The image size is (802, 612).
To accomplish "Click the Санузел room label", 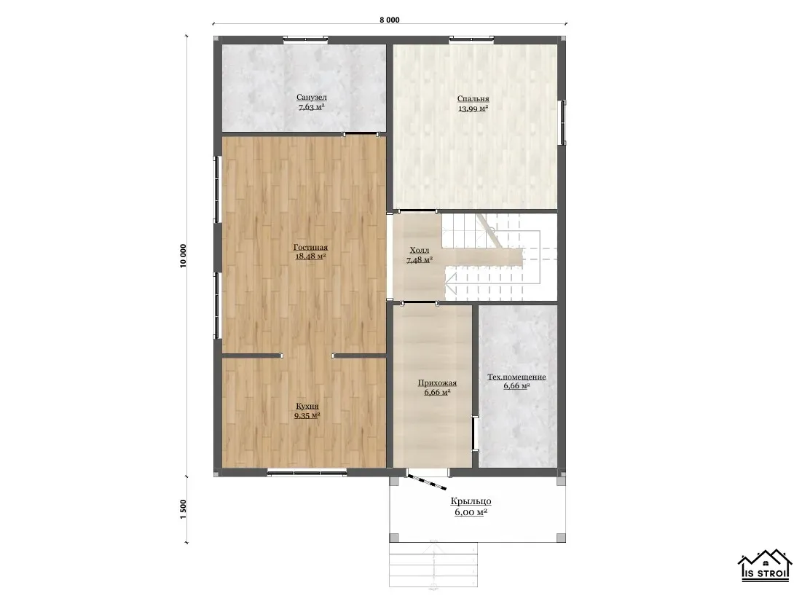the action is (x=312, y=97).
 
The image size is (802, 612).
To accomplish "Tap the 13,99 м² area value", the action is (x=473, y=109).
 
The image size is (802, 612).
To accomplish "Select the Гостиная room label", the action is (x=310, y=247).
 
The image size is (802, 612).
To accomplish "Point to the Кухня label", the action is (x=307, y=407).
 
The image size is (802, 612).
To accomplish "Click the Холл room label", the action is (x=420, y=250).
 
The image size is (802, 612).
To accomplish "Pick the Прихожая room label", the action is (x=437, y=382).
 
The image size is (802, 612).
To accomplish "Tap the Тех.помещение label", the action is (x=516, y=377).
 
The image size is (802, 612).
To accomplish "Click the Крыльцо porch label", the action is (x=471, y=501).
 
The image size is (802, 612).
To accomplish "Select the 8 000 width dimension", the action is (x=390, y=20).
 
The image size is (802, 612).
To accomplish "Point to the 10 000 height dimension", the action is (x=183, y=255).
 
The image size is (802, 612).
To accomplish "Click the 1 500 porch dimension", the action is (x=183, y=510).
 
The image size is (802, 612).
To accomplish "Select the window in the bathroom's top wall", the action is (x=305, y=39).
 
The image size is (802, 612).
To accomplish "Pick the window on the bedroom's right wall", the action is (x=564, y=122).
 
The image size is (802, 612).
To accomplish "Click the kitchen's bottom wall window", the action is (x=307, y=473).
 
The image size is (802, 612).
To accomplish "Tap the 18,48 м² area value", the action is (x=311, y=256).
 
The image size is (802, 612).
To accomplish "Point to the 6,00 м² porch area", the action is (x=471, y=512).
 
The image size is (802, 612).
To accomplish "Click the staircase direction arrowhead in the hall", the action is (x=451, y=280).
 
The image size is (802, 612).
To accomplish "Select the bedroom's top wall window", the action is (x=471, y=39).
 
